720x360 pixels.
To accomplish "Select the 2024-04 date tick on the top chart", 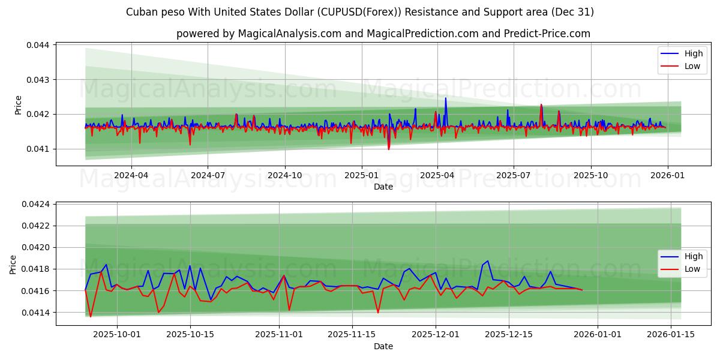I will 131,176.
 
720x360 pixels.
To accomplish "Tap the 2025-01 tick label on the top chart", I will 361,176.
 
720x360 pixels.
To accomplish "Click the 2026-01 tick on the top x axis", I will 667,176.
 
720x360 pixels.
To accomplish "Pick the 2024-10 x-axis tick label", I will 284,176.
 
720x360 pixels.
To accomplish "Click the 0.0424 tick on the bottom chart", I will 38,205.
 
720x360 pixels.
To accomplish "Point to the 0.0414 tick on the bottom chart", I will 38,313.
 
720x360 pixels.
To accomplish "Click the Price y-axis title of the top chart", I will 18,105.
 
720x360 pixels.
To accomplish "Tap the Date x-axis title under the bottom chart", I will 383,346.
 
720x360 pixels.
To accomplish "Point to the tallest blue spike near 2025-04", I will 445,98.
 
